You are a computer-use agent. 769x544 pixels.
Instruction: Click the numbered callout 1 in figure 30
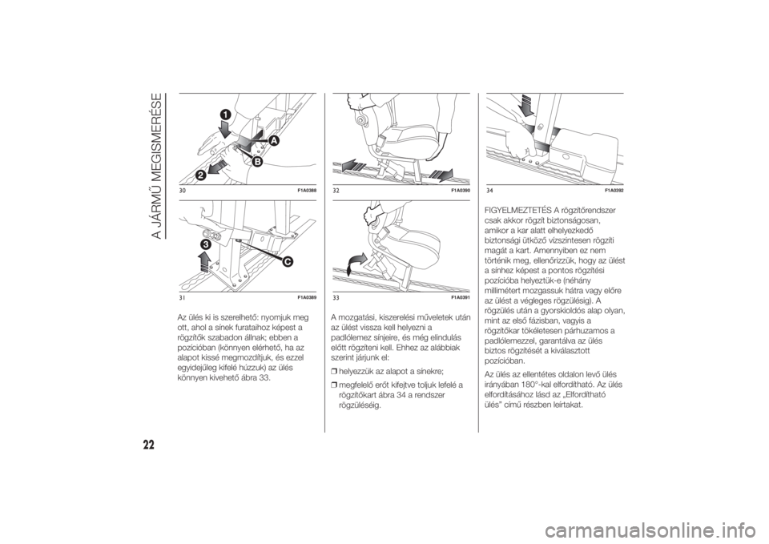coord(225,115)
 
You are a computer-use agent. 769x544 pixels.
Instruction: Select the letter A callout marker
coord(272,141)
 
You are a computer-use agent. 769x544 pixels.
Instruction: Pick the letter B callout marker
coord(256,161)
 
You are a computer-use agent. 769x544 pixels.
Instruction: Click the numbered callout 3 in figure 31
coord(204,244)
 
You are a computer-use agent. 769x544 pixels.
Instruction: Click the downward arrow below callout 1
coord(226,130)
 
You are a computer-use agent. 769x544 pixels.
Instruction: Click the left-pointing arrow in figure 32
coord(353,164)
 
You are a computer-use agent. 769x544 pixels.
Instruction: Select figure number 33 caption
coord(336,298)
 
